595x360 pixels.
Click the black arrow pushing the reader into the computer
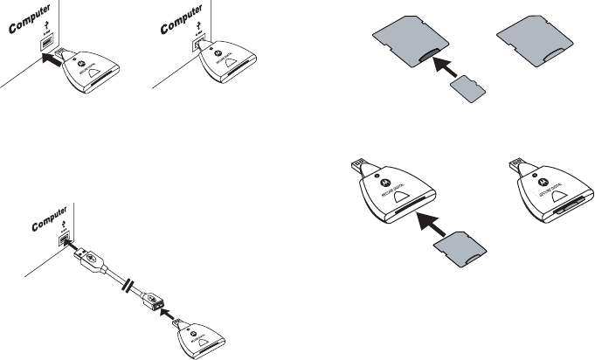point(52,60)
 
